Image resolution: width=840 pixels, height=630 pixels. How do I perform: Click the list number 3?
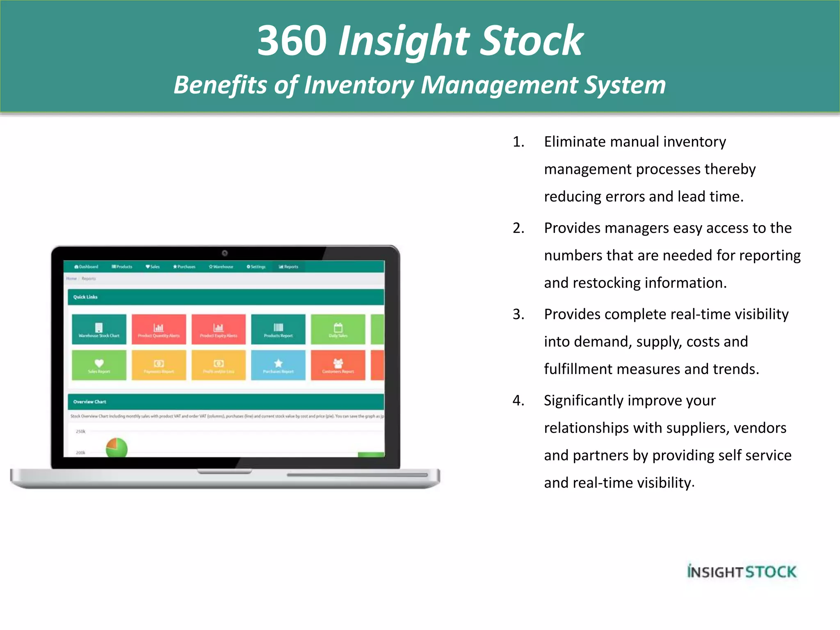pos(518,314)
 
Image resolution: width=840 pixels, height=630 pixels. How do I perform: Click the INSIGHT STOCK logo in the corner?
pos(742,571)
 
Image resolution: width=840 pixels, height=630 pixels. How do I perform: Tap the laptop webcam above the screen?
pos(225,253)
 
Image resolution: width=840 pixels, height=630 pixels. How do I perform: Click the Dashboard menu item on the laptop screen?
pos(87,267)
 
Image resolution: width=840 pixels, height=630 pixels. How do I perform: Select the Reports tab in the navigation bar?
pos(289,267)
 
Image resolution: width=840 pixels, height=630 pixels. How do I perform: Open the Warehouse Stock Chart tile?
pos(99,329)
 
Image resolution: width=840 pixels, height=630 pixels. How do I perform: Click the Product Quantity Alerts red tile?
pos(159,329)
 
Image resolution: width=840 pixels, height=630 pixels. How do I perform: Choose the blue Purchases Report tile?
pos(278,365)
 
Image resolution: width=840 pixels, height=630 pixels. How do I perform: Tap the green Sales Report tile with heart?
pos(99,365)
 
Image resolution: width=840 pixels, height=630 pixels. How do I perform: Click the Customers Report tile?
pos(338,365)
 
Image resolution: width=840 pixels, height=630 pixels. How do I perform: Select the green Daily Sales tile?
pos(338,329)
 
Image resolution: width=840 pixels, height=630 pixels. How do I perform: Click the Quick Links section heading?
pos(85,297)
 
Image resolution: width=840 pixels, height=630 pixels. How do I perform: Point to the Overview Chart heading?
pos(89,402)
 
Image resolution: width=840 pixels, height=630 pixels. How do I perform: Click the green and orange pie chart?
pos(116,448)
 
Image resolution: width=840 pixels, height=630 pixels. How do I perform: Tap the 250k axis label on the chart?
pos(80,431)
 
